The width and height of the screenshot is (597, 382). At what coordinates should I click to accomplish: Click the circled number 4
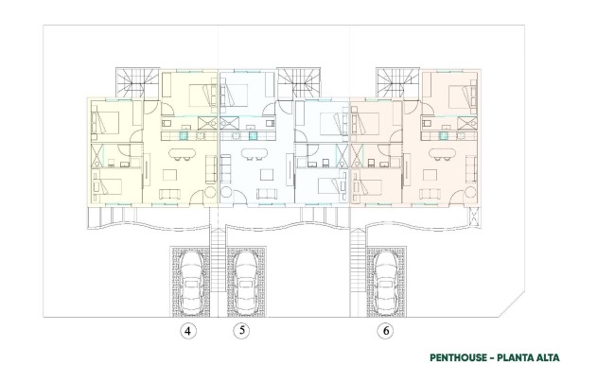pyautogui.click(x=189, y=331)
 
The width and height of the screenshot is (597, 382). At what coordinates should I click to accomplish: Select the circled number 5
pyautogui.click(x=242, y=331)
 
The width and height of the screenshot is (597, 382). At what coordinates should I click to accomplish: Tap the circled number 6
pyautogui.click(x=385, y=331)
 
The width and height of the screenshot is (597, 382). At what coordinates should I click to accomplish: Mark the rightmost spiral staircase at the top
pyautogui.click(x=394, y=83)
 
